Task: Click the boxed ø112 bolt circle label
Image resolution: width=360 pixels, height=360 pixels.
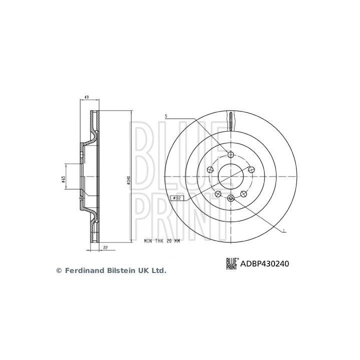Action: click(x=178, y=198)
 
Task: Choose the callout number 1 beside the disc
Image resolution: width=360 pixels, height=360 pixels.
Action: click(x=284, y=231)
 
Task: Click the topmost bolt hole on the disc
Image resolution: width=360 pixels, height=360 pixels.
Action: click(x=230, y=154)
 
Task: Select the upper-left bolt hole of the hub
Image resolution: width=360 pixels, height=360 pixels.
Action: click(x=210, y=169)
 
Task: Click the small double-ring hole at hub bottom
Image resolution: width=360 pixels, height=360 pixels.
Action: click(x=230, y=199)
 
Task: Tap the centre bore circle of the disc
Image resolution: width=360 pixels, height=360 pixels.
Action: click(x=230, y=176)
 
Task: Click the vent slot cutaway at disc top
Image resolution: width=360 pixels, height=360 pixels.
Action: click(x=230, y=120)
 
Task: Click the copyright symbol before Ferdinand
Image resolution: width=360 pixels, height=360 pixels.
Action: click(x=58, y=270)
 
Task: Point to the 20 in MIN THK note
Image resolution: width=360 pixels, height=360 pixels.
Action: click(x=169, y=240)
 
